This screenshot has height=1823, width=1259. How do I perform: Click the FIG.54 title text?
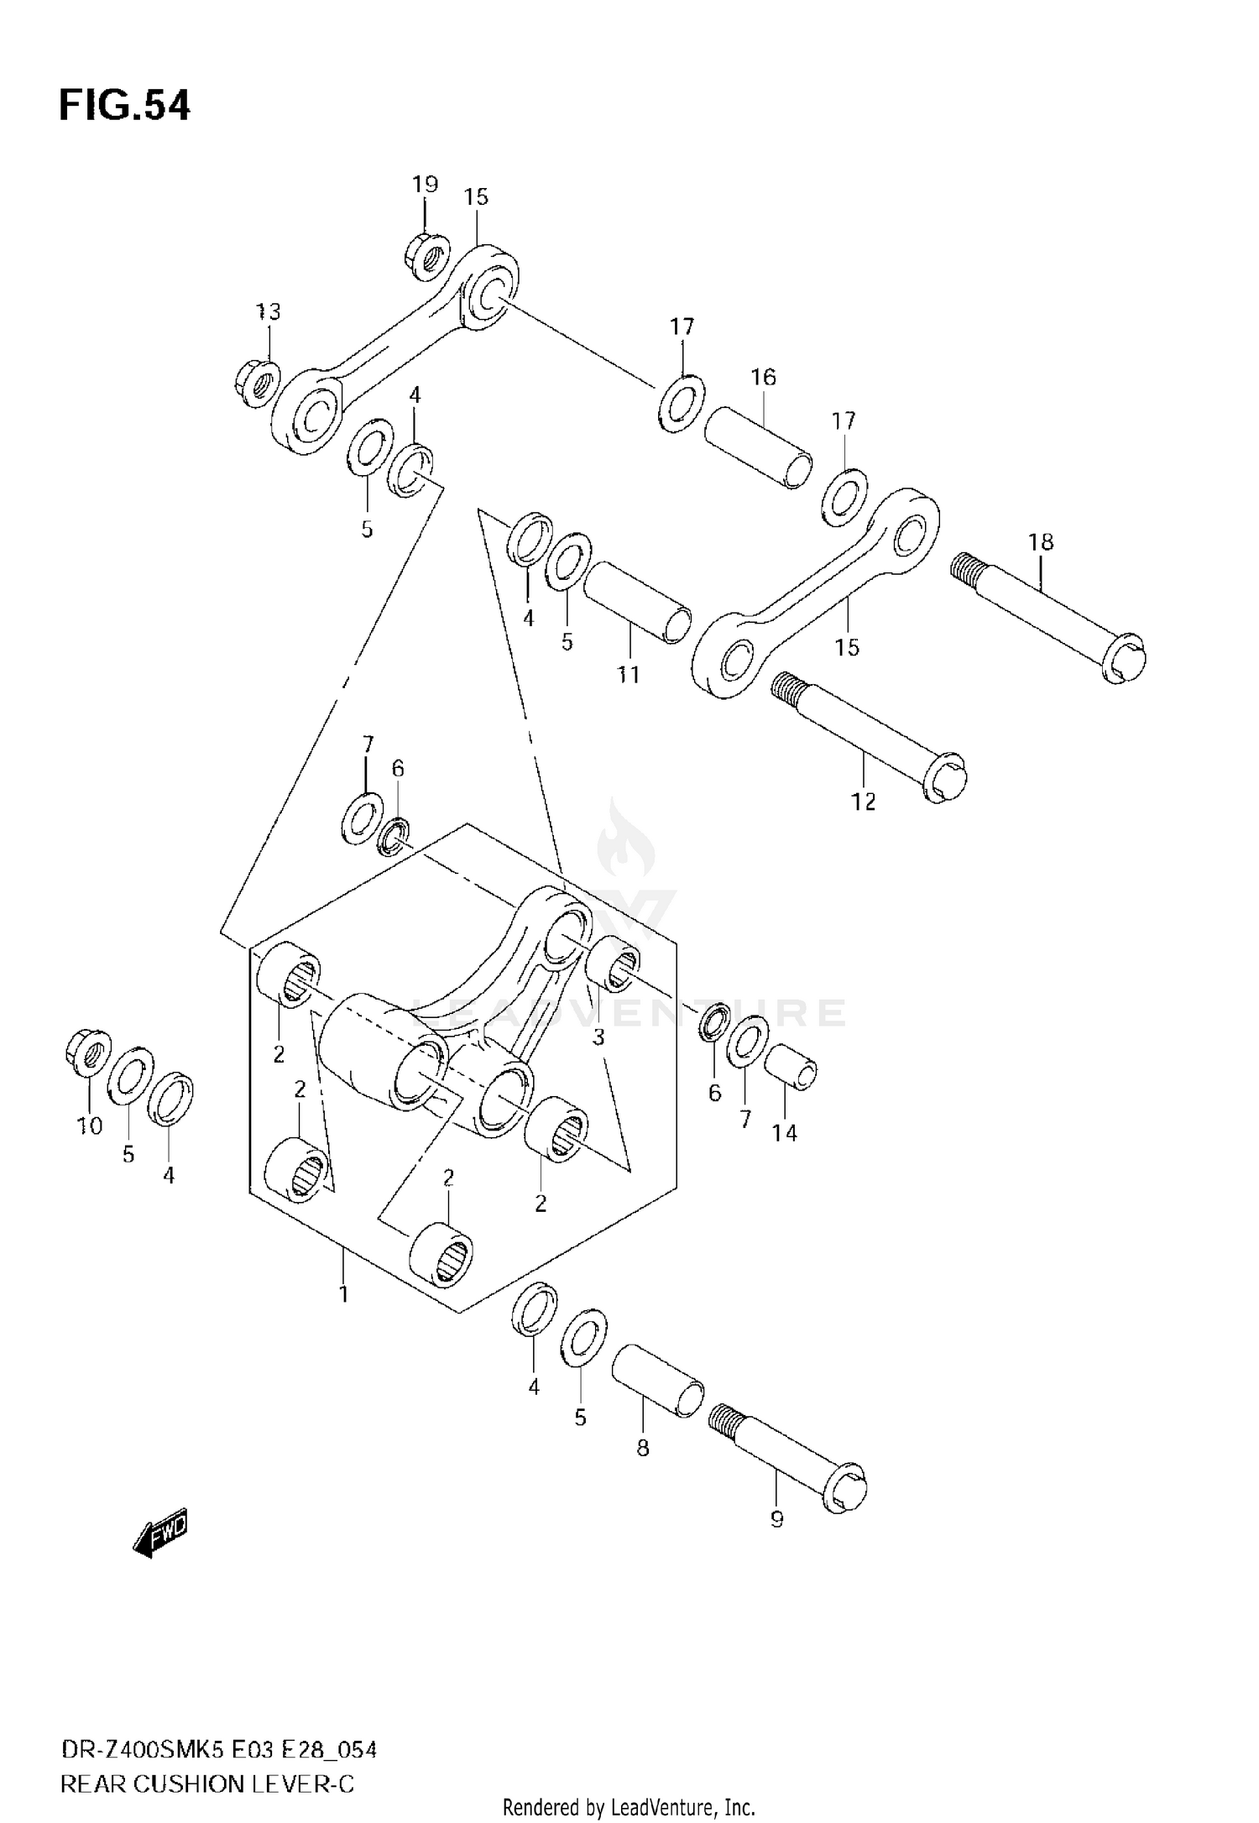124,107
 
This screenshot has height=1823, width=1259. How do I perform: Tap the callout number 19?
425,185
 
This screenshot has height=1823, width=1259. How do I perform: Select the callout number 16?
763,378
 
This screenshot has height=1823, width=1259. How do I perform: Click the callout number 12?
863,802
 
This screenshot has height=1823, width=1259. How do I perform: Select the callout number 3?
598,1037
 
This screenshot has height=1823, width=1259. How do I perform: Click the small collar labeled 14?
791,1068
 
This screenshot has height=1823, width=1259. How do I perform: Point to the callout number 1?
343,1293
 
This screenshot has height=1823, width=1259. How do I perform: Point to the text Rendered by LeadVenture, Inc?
629,1806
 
